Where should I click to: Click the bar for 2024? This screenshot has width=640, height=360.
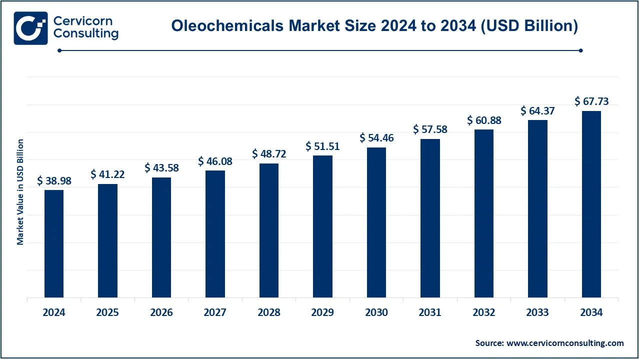[54, 244]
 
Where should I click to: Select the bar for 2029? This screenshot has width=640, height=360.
[322, 226]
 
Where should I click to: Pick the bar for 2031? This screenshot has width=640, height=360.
[430, 218]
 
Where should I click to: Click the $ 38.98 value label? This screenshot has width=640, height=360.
[54, 181]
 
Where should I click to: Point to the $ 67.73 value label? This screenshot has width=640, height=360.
[591, 102]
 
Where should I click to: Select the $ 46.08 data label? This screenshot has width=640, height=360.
[215, 161]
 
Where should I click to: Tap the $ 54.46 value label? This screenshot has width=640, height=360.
[376, 138]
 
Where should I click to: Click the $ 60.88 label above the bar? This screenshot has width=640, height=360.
[484, 120]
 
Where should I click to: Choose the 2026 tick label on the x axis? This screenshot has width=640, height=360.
[161, 312]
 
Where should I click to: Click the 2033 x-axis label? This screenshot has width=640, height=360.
[537, 312]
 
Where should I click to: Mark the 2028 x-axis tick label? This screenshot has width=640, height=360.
[269, 312]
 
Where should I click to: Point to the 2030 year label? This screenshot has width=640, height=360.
[376, 312]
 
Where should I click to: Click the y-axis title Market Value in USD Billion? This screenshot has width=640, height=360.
[20, 192]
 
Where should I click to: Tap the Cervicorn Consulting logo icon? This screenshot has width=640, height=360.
[30, 27]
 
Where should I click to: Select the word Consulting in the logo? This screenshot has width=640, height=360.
[85, 34]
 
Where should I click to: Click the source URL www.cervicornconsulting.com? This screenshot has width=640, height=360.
[565, 343]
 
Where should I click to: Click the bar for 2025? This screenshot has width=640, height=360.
[107, 241]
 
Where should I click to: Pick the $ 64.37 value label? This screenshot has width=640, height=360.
[537, 111]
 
